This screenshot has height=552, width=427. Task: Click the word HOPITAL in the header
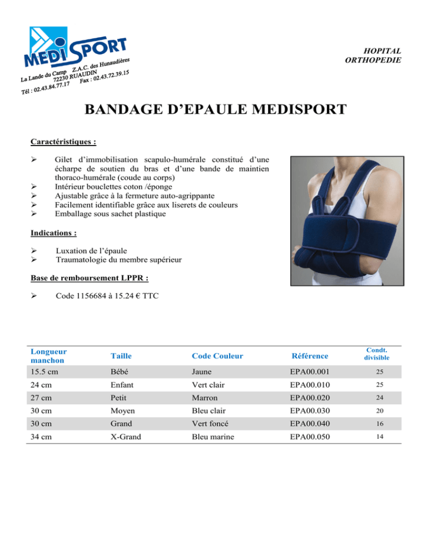pos(384,51)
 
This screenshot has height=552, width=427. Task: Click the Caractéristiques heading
pos(63,142)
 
